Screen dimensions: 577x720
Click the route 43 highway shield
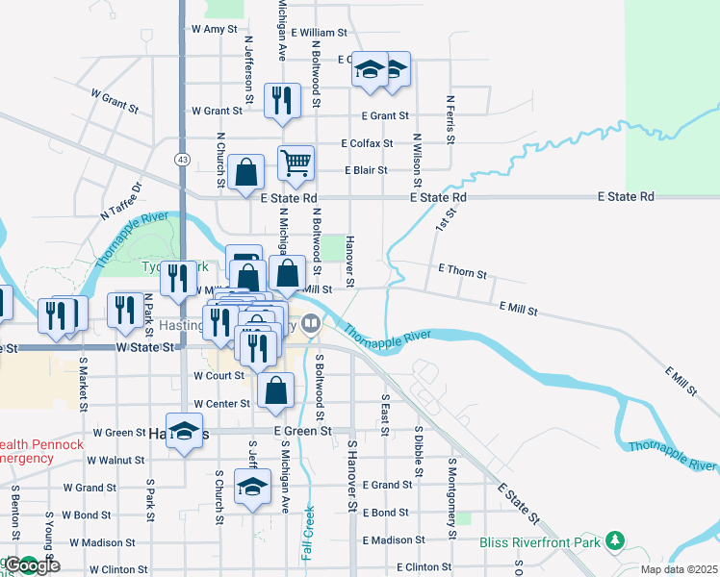181,158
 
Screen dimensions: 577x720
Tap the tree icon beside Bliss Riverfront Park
614,542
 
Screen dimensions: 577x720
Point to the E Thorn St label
463,273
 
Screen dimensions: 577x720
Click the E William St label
318,33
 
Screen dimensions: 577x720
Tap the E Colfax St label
367,143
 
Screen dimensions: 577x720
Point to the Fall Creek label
308,534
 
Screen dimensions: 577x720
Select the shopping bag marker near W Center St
276,390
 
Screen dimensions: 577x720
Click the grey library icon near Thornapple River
310,323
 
